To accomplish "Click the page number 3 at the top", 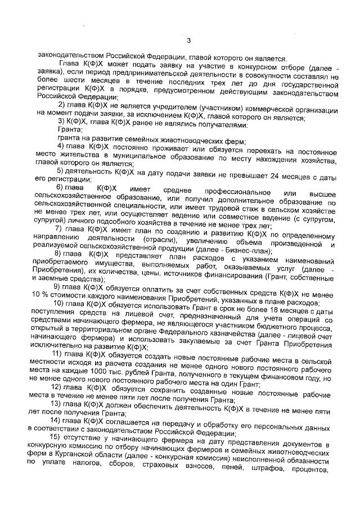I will (x=190, y=39).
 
